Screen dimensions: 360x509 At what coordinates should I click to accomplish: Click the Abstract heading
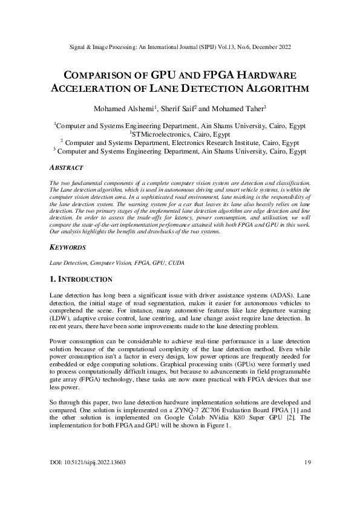click(x=65, y=167)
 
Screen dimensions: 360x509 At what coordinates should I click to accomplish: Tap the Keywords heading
click(x=67, y=248)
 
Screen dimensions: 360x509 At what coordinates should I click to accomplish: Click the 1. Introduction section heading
click(x=80, y=279)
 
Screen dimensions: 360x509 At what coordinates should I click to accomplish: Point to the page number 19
click(x=307, y=462)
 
